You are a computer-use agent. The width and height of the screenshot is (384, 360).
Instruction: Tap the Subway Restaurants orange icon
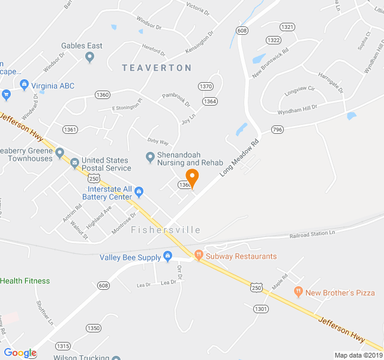[x=199, y=256]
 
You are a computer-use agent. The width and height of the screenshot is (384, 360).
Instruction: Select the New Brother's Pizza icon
[x=298, y=292]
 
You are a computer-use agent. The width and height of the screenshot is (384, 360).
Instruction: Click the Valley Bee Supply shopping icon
[x=167, y=257]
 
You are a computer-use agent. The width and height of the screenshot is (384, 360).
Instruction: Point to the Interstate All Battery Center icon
[x=139, y=192]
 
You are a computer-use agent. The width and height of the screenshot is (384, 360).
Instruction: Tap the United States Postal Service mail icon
[x=74, y=163]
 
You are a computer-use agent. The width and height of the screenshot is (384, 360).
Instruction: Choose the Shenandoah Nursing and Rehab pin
[x=150, y=158]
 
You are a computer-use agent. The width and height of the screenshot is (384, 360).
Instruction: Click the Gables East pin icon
[x=90, y=57]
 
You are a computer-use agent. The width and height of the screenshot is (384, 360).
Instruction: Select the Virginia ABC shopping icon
[x=24, y=86]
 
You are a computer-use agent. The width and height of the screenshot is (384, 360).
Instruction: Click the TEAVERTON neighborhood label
[x=157, y=68]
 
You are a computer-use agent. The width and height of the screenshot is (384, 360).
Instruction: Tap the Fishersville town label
[x=166, y=230]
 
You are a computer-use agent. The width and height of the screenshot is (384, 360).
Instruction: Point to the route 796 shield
[x=277, y=130]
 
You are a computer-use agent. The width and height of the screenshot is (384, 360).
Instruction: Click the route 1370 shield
[x=206, y=86]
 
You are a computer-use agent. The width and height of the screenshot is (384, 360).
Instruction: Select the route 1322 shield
[x=273, y=40]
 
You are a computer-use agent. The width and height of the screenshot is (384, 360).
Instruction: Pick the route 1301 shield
[x=260, y=309]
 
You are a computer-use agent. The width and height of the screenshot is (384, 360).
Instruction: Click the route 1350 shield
[x=93, y=328]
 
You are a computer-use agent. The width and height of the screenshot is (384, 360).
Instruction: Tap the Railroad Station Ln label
[x=311, y=233]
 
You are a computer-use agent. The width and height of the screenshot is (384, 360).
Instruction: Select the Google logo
[x=20, y=353]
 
